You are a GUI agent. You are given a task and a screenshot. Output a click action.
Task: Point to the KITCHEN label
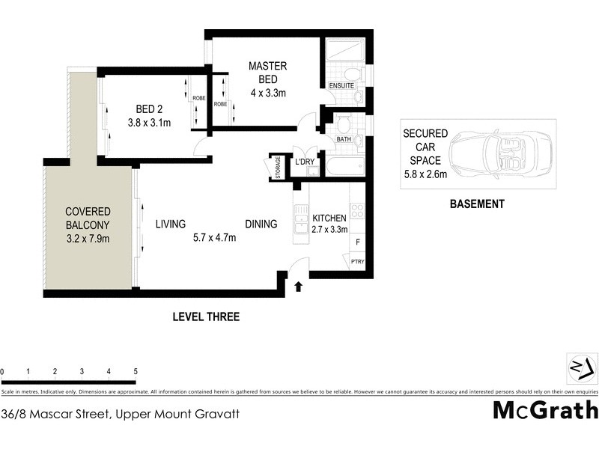tap(329, 218)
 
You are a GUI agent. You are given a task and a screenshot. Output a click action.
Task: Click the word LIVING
tap(171, 224)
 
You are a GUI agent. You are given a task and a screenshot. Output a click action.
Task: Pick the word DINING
tap(261, 224)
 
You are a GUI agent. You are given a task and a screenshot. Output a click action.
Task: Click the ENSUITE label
tap(341, 86)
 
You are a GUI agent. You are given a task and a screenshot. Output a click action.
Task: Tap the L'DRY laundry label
tap(304, 162)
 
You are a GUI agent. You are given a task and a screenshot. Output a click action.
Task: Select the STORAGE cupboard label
tap(277, 166)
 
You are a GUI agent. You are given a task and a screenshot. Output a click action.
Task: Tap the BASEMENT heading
tap(476, 204)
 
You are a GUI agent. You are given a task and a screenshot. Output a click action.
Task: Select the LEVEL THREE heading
tap(206, 317)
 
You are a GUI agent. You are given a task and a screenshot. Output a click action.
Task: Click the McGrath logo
tap(545, 410)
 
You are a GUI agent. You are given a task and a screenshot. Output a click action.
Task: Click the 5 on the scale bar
tap(136, 371)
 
